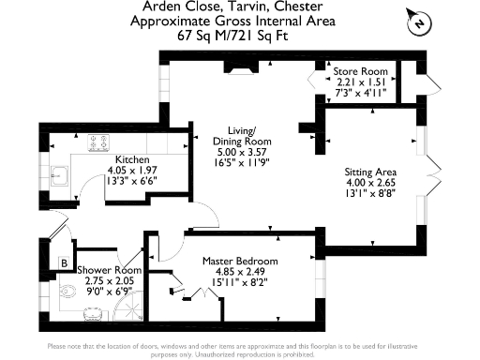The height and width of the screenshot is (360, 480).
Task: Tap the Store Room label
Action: pos(361,71)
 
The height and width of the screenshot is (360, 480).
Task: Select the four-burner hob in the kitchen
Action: pos(99,143)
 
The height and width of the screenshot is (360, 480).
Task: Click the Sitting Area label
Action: pos(370,172)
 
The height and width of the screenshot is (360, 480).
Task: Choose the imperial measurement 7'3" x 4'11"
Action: pos(361,92)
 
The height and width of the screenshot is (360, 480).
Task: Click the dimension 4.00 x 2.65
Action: pos(370,183)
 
